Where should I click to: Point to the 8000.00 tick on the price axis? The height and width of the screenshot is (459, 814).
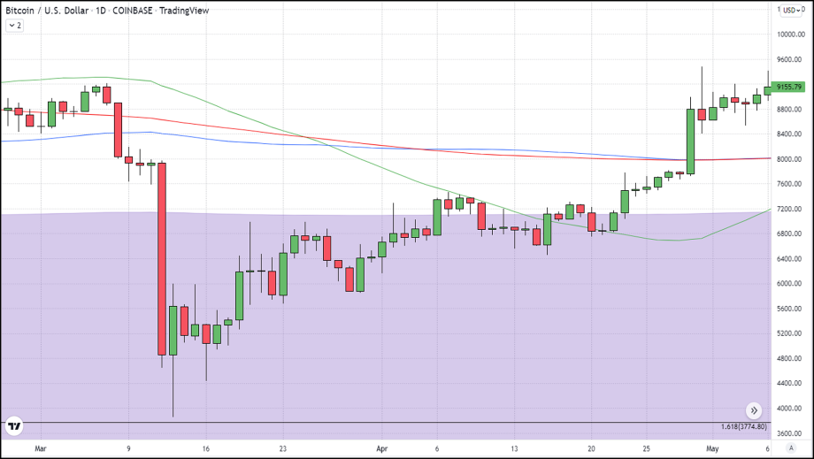click(790, 159)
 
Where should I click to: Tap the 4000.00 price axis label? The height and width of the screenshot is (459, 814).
click(790, 409)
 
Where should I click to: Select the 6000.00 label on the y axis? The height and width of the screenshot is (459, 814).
click(790, 284)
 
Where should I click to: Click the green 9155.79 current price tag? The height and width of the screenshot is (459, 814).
click(787, 87)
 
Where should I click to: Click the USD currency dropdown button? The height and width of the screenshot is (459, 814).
click(789, 10)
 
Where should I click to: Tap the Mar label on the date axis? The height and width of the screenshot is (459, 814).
click(39, 448)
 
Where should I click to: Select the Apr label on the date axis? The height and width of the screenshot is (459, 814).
click(381, 448)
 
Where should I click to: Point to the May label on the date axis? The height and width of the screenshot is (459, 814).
click(712, 448)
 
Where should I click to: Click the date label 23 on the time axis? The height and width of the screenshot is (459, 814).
click(282, 448)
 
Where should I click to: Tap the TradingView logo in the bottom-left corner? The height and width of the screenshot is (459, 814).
click(14, 426)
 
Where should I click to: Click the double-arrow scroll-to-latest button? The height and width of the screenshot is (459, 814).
click(753, 410)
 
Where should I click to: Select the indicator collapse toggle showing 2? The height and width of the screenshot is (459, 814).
click(15, 26)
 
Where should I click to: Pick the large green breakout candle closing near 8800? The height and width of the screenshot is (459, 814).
click(690, 141)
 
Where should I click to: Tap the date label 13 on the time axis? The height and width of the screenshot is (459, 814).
click(514, 448)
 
